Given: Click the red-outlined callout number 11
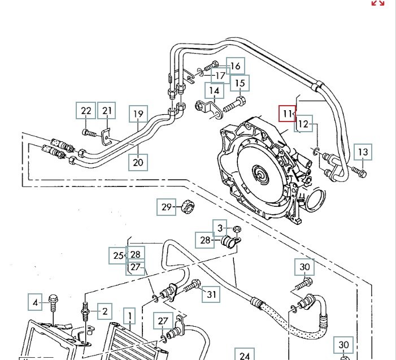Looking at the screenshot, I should (288, 114).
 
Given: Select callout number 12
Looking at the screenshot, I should (304, 124).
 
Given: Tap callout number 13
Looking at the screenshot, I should (363, 152).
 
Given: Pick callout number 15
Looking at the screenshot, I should (240, 84).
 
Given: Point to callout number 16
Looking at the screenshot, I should (236, 66).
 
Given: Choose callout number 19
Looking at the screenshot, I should (138, 114).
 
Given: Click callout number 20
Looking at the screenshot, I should (138, 162).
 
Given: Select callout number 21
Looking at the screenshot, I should (107, 111).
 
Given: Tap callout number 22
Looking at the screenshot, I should (86, 111).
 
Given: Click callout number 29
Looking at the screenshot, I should (166, 207).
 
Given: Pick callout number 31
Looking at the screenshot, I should (211, 293).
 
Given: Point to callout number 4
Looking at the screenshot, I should (35, 303).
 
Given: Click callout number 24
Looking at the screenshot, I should (244, 355).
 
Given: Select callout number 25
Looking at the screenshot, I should (118, 255).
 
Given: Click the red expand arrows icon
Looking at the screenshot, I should (377, 3).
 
